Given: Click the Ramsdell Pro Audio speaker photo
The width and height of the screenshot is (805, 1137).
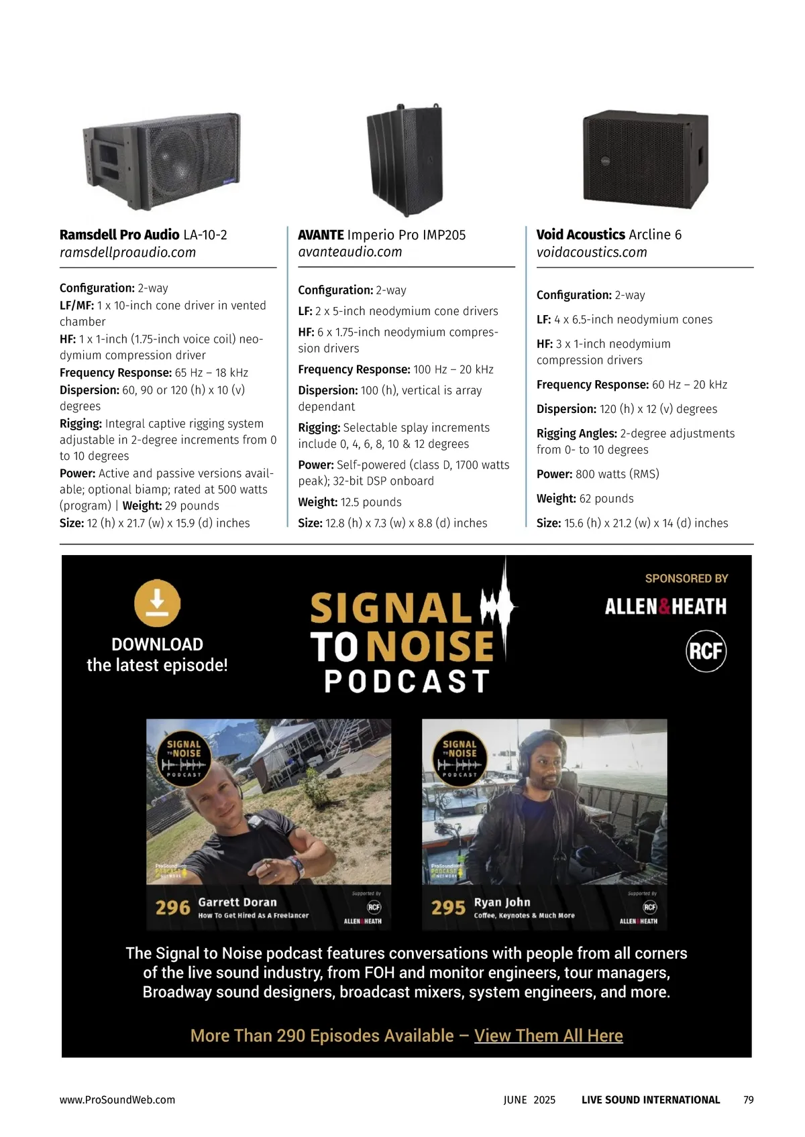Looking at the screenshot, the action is (x=162, y=161).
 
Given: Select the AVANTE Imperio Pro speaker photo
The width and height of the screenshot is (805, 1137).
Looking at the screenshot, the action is (x=405, y=160).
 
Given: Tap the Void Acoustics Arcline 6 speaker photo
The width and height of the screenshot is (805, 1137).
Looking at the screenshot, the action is (x=645, y=160).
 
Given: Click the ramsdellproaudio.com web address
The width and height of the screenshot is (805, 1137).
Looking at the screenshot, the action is (x=127, y=252).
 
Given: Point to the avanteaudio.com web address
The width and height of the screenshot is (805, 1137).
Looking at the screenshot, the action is (x=350, y=252).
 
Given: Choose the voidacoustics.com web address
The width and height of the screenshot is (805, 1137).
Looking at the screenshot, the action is (x=592, y=252).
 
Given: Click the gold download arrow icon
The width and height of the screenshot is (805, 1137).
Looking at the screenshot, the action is (x=158, y=603).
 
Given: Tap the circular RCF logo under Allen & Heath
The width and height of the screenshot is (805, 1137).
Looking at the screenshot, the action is (x=706, y=651).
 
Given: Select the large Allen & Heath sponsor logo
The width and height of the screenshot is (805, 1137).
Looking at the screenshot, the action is (x=665, y=607).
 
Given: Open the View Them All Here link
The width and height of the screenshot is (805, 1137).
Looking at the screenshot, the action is (x=549, y=1035).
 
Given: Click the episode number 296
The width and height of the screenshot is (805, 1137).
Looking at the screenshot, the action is (x=172, y=907).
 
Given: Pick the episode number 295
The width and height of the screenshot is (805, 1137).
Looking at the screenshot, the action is (x=449, y=907).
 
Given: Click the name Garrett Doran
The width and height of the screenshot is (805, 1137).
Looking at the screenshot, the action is (x=237, y=902).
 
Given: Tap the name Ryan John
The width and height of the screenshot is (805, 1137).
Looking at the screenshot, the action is (x=502, y=902).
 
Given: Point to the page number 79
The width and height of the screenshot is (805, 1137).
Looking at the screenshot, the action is (x=748, y=1099).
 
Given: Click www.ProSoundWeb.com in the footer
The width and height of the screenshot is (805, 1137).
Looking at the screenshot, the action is (x=117, y=1099).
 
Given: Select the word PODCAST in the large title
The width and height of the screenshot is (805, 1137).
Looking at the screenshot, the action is (x=407, y=681).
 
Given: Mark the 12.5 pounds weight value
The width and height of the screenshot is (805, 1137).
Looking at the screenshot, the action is (x=371, y=502).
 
